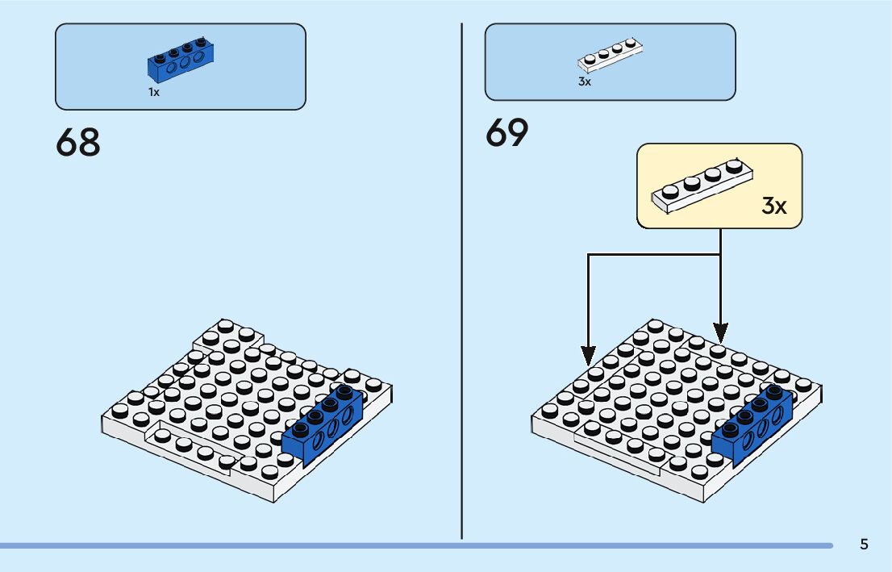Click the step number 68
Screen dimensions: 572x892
pyautogui.click(x=78, y=142)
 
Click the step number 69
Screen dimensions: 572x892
pyautogui.click(x=507, y=133)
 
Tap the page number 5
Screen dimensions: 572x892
pyautogui.click(x=864, y=544)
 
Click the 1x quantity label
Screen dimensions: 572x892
pyautogui.click(x=154, y=92)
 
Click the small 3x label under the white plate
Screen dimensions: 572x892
pyautogui.click(x=585, y=81)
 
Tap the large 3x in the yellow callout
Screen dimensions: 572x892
pyautogui.click(x=774, y=206)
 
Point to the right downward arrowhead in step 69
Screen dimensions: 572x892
pyautogui.click(x=720, y=331)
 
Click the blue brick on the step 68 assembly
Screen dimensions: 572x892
pyautogui.click(x=322, y=424)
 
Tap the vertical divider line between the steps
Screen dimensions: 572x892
pyautogui.click(x=461, y=282)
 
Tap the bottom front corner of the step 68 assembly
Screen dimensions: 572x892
pyautogui.click(x=275, y=496)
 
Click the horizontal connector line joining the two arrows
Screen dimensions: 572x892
pyautogui.click(x=653, y=255)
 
